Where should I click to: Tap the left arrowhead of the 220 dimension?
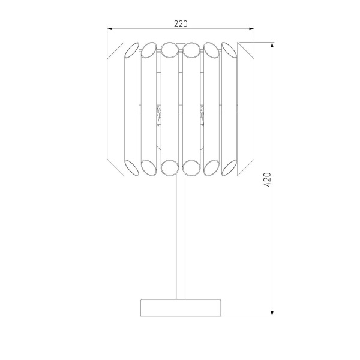pos(110,28)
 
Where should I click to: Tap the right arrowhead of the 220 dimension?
pos(251,28)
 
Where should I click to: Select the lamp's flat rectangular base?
pos(181,307)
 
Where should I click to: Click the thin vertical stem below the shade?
pos(181,234)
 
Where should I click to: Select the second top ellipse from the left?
pos(149,49)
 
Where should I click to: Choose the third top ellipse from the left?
pos(170,48)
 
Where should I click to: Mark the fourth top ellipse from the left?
pos(191,48)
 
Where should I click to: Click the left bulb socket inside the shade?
pos(158,114)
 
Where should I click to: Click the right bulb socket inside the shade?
pos(202,114)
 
